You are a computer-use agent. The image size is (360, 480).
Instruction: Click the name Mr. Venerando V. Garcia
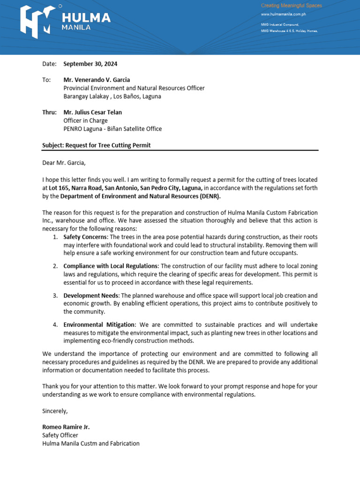(97, 80)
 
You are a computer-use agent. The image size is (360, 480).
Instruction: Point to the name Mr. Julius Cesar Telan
(92, 112)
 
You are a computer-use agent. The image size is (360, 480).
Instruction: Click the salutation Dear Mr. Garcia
(64, 163)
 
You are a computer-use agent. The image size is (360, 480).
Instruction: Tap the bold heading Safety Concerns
(85, 237)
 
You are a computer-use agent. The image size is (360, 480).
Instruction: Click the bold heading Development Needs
(91, 295)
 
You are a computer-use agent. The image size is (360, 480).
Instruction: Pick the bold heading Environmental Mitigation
(99, 324)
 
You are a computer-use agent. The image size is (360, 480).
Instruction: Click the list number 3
(55, 295)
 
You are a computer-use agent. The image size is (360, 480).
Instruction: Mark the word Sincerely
(55, 411)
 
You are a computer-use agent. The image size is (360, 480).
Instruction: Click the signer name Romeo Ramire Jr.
(66, 427)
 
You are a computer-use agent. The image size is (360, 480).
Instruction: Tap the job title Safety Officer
(60, 435)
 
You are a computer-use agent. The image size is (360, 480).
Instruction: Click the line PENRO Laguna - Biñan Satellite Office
(112, 129)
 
